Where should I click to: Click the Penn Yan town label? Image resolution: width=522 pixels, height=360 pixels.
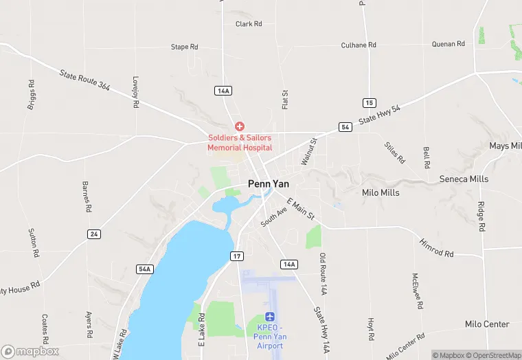click(269, 184)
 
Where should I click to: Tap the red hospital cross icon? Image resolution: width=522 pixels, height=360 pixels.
click(240, 126)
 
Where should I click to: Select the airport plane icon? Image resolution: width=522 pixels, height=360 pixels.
click(271, 317)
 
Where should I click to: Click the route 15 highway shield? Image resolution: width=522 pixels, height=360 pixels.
click(370, 102)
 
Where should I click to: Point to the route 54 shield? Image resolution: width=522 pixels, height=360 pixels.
click(345, 128)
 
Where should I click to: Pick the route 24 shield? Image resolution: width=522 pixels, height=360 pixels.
click(94, 234)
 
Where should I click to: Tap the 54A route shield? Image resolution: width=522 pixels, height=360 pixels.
click(144, 269)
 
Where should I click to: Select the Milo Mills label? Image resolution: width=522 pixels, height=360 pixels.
click(381, 193)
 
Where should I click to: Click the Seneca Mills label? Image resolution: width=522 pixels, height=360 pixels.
click(464, 179)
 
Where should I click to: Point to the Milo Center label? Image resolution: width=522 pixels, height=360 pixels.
click(487, 324)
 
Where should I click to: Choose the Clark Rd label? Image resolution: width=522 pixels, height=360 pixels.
click(249, 24)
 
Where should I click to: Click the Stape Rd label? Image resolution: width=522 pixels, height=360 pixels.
click(184, 47)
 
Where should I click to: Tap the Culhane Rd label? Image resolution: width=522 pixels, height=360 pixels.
click(359, 45)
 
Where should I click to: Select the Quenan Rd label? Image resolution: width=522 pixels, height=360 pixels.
click(449, 44)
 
